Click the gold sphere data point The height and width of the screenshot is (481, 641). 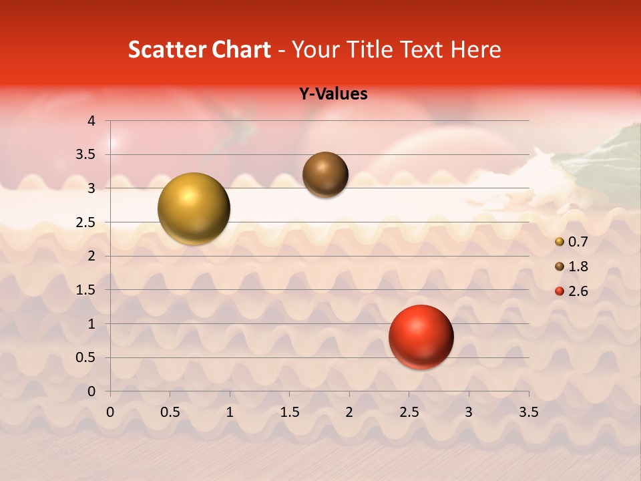pos(194,208)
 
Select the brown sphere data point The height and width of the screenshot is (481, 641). pos(325,174)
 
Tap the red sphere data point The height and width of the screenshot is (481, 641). pos(421,337)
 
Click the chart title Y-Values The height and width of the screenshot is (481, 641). pos(333,94)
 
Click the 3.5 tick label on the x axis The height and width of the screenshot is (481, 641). pos(528,412)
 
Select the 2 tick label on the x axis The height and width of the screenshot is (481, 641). pos(349,412)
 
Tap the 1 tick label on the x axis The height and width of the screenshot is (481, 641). pos(230,412)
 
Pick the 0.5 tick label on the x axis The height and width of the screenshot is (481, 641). pos(170,412)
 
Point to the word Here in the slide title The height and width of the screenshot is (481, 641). pos(475,50)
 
